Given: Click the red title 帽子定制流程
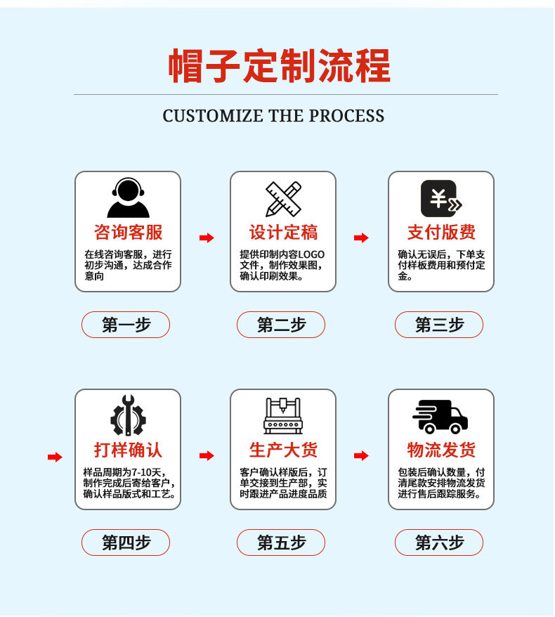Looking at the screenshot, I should (279, 66).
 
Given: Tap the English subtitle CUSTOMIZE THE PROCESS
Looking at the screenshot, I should (273, 116).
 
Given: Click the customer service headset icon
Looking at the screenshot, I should (128, 198).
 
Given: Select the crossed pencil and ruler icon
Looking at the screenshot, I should (283, 199).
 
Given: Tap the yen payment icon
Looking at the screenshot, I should (440, 199).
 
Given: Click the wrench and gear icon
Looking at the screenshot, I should (128, 416).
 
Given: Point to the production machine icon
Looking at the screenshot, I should (283, 416).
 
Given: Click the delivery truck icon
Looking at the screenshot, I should (440, 416).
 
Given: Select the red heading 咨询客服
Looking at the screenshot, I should (128, 233).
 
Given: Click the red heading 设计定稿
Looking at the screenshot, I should (283, 233).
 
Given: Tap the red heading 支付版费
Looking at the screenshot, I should (441, 233).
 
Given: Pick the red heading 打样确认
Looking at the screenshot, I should (128, 450).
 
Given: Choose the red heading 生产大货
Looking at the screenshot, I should (283, 450).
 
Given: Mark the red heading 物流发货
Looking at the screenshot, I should (441, 450).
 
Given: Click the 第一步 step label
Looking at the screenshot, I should (126, 325).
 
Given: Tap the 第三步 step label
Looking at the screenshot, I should (439, 325).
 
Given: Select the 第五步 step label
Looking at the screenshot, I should (281, 543).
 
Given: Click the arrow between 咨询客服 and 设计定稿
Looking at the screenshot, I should (207, 238).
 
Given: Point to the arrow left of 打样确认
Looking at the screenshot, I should (55, 457).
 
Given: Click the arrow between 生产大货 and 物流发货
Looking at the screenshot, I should (361, 456).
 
